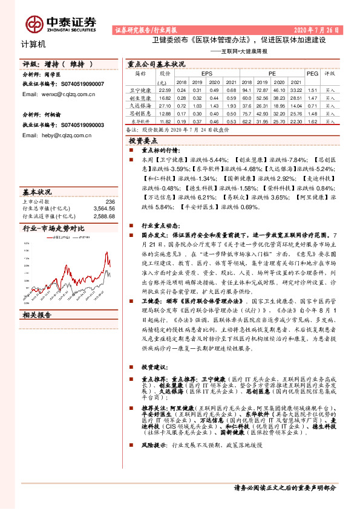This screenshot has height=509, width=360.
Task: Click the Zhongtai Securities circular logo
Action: pyautogui.click(x=34, y=23)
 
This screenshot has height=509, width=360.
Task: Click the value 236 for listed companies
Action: pyautogui.click(x=110, y=201)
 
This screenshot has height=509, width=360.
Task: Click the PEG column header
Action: pyautogui.click(x=312, y=73)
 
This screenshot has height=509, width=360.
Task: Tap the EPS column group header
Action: pyautogui.click(x=207, y=73)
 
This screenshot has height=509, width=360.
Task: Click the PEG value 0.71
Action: pyautogui.click(x=312, y=105)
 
